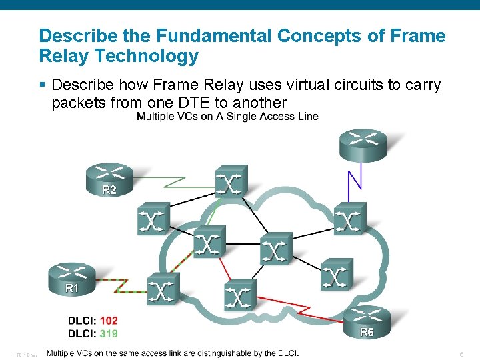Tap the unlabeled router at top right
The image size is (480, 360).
(363, 145)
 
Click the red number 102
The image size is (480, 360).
(109, 321)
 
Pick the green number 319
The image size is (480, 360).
(109, 332)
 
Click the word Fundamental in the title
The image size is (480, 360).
(183, 35)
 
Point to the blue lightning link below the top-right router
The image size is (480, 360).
(355, 185)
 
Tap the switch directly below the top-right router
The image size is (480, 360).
(350, 219)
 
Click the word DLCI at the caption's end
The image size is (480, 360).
(285, 353)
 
